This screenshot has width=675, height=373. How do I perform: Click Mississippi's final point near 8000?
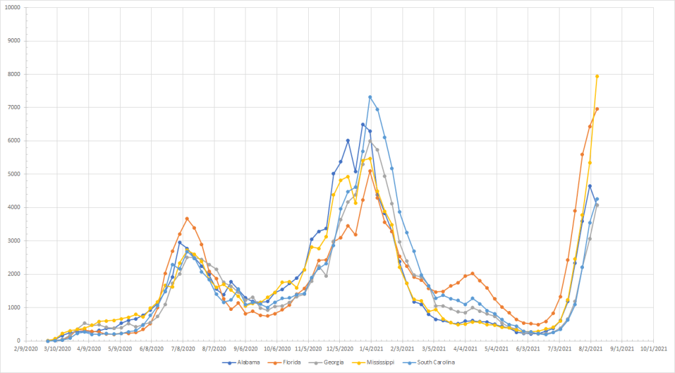click(597, 76)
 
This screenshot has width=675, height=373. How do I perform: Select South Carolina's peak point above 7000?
click(370, 97)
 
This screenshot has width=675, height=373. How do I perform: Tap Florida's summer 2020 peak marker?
click(187, 219)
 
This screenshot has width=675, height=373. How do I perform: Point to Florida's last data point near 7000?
click(597, 109)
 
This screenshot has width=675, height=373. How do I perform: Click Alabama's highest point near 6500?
click(363, 124)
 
